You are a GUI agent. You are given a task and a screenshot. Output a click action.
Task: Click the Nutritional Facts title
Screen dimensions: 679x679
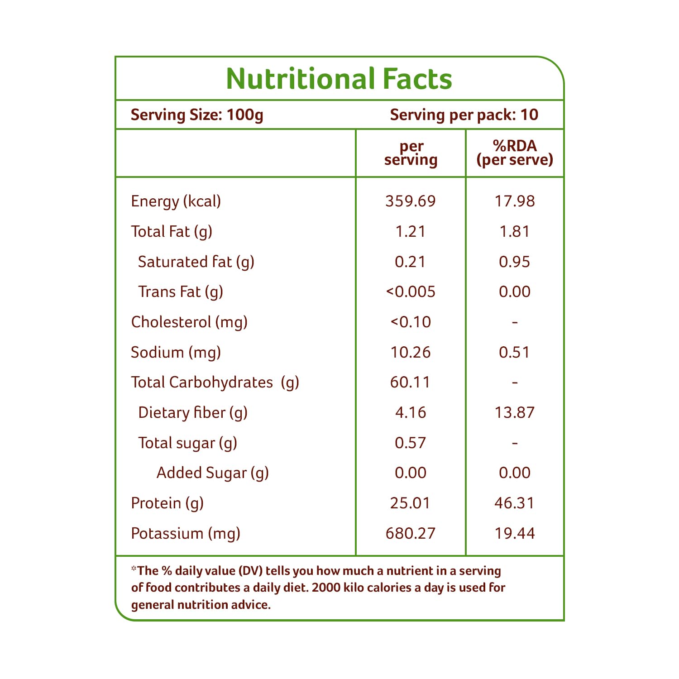[x=339, y=79]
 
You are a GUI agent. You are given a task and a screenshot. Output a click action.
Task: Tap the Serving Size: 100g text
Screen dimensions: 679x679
[x=197, y=115]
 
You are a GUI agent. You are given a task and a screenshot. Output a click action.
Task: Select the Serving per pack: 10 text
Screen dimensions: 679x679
[x=464, y=115]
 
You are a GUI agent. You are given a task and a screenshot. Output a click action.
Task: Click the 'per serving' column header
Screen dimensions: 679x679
[x=411, y=153]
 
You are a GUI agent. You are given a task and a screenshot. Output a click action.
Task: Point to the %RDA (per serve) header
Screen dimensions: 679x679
[x=515, y=153]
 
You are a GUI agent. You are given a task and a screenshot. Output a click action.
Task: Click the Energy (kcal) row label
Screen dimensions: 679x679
[x=176, y=201]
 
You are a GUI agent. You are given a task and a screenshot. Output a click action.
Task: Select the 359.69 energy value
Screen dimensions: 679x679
[x=411, y=201]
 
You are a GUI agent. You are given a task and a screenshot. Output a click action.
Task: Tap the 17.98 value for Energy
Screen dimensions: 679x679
[x=515, y=201]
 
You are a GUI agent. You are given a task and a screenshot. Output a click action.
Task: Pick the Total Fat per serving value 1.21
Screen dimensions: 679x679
[x=411, y=232]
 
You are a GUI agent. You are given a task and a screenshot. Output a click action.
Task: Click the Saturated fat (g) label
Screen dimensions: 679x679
[x=196, y=262]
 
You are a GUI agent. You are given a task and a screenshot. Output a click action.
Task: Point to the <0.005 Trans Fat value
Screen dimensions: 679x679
[x=411, y=292]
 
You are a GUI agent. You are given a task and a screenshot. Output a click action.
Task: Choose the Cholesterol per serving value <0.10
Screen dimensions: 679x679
[x=411, y=322]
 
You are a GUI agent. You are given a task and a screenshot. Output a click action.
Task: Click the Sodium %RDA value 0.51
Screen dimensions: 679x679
[x=515, y=353]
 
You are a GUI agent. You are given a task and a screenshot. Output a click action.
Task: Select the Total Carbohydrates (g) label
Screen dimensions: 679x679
[x=215, y=383]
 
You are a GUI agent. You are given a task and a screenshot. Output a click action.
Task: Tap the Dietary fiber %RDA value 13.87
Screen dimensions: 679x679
[x=515, y=413]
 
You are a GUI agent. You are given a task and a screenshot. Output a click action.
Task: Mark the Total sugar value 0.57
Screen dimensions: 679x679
[x=411, y=443]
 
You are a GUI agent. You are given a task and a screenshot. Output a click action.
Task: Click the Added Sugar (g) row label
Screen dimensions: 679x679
[x=213, y=473]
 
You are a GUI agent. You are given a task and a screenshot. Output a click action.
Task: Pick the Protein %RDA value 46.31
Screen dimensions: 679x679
[x=515, y=503]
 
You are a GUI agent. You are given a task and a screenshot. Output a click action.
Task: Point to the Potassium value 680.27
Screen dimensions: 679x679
[x=411, y=534]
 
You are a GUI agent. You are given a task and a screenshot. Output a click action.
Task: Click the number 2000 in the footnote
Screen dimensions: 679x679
[x=326, y=588]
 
